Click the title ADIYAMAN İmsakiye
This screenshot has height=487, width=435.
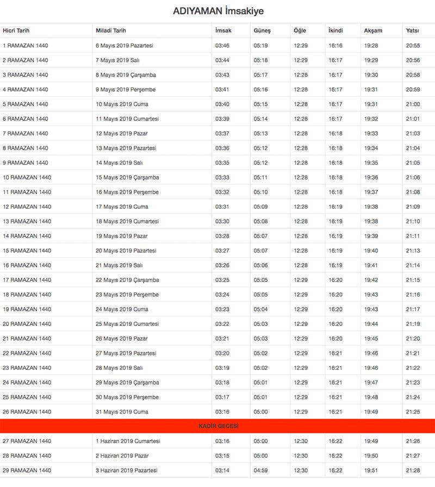point(218,11)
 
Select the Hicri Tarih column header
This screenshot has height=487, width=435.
point(16,31)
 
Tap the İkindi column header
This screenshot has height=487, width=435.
point(335,31)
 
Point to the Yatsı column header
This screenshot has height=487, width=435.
point(412,31)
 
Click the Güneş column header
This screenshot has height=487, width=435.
point(262,31)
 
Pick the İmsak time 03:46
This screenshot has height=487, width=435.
point(222,46)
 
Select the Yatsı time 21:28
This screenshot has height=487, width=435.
point(413,470)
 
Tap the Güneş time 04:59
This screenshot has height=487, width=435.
point(260,470)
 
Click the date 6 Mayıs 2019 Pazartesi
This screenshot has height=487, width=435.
point(125,46)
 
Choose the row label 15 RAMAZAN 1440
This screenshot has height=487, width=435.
point(27,251)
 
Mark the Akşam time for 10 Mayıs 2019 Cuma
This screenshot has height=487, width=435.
point(371,104)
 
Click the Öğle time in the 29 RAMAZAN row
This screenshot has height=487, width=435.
point(300,470)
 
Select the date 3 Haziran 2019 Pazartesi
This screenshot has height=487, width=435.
point(127,470)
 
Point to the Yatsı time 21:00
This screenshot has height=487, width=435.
point(413,104)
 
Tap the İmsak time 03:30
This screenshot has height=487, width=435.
point(222,221)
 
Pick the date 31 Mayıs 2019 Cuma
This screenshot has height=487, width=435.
point(122,412)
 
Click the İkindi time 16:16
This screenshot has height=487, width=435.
point(335,46)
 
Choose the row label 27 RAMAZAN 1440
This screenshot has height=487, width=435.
point(27,441)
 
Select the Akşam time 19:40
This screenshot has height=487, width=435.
point(371,251)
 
